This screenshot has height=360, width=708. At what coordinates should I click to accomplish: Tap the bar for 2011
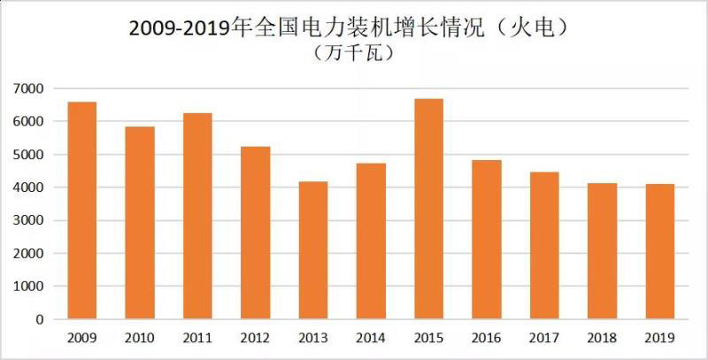pos(197,216)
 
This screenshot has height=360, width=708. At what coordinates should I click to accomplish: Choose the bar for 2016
pos(486,240)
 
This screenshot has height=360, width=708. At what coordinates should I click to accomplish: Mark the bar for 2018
pos(602,251)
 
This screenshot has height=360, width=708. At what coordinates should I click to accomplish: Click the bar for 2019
pos(659,252)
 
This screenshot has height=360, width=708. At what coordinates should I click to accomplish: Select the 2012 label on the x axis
pos(255,337)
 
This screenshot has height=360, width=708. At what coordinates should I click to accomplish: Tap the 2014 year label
pos(370,337)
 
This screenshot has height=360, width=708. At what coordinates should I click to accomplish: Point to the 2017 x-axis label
pos(543,337)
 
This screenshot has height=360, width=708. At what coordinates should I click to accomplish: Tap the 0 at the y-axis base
pos(40,320)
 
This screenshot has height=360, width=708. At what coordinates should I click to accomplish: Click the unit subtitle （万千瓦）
pos(354,53)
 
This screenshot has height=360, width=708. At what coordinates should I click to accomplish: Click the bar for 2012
pos(255,233)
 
